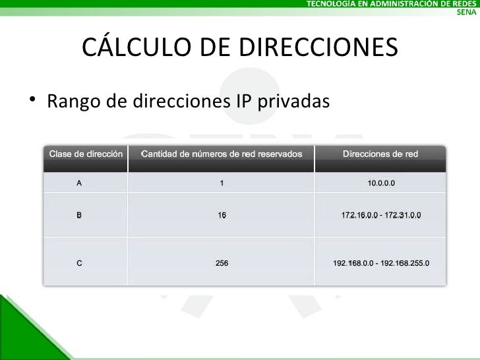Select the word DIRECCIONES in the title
coord(316,47)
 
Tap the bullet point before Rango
coord(32,100)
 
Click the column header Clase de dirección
coord(86,154)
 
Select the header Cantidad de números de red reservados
coord(222,154)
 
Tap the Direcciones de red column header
coord(380,154)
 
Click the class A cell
coord(79,183)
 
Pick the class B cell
coord(79,215)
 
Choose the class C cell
coord(79,263)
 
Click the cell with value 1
coord(222,183)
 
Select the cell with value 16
coord(222,215)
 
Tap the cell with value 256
coord(222,263)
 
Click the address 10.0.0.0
coord(381,183)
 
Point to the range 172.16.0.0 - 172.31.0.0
coord(381,215)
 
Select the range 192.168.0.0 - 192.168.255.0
coord(381,263)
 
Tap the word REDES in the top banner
coord(463,4)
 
